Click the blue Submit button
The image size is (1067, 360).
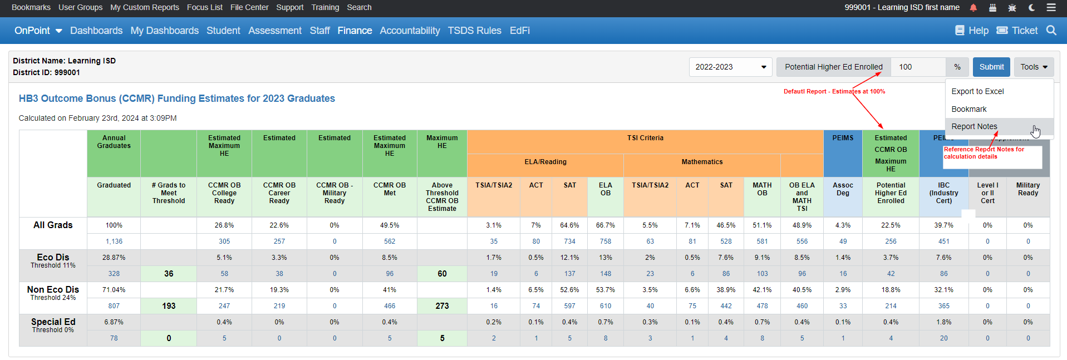pyautogui.click(x=991, y=67)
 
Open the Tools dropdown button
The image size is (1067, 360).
pyautogui.click(x=1034, y=67)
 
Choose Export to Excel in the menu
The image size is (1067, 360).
pyautogui.click(x=977, y=91)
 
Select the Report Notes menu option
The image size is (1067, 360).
pyautogui.click(x=974, y=126)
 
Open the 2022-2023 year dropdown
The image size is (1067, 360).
pyautogui.click(x=730, y=67)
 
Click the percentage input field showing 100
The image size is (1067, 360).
pyautogui.click(x=917, y=67)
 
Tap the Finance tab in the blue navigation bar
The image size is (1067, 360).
pyautogui.click(x=355, y=31)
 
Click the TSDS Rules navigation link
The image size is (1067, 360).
pyautogui.click(x=474, y=31)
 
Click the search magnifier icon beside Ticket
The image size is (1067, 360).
pyautogui.click(x=1051, y=31)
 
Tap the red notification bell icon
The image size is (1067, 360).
pyautogui.click(x=973, y=8)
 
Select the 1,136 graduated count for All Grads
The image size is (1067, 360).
pyautogui.click(x=114, y=241)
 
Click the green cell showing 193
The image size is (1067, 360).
pyautogui.click(x=169, y=306)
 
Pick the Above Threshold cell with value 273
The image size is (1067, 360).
pyautogui.click(x=442, y=306)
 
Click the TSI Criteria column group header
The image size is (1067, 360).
pyautogui.click(x=645, y=138)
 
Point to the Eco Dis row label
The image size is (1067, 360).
pyautogui.click(x=53, y=258)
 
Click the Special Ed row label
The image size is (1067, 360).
pyautogui.click(x=53, y=322)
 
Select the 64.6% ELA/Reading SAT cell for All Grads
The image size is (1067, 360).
pyautogui.click(x=569, y=225)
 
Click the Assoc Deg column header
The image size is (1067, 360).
pyautogui.click(x=843, y=189)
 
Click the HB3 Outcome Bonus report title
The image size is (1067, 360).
pyautogui.click(x=176, y=98)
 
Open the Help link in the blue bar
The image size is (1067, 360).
pyautogui.click(x=972, y=31)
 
